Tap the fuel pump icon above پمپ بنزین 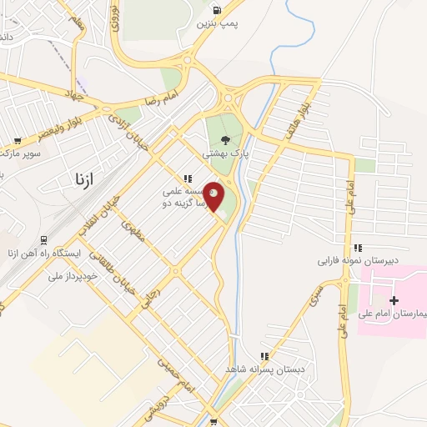[217, 11]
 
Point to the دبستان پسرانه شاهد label [266, 369]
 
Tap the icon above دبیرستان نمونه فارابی [358, 248]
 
